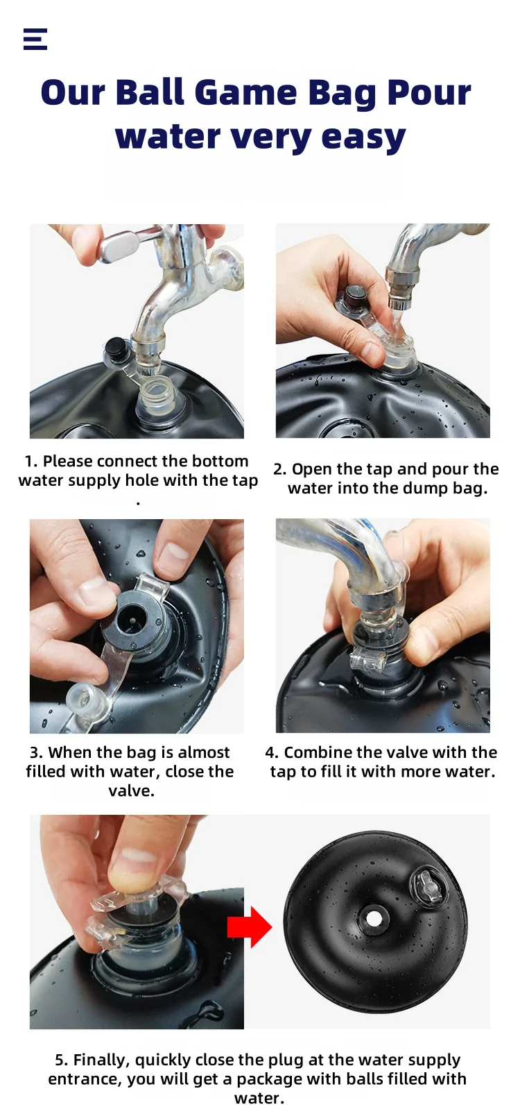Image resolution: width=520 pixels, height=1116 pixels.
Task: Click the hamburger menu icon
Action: click(35, 40)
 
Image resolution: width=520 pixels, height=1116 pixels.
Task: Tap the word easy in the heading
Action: click(364, 137)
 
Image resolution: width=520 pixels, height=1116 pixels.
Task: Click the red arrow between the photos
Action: click(250, 927)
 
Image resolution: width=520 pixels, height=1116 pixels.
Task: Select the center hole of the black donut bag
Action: click(373, 918)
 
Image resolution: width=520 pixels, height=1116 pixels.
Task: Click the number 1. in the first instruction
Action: click(31, 462)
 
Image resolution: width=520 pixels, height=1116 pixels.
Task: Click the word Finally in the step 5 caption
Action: click(101, 1060)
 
